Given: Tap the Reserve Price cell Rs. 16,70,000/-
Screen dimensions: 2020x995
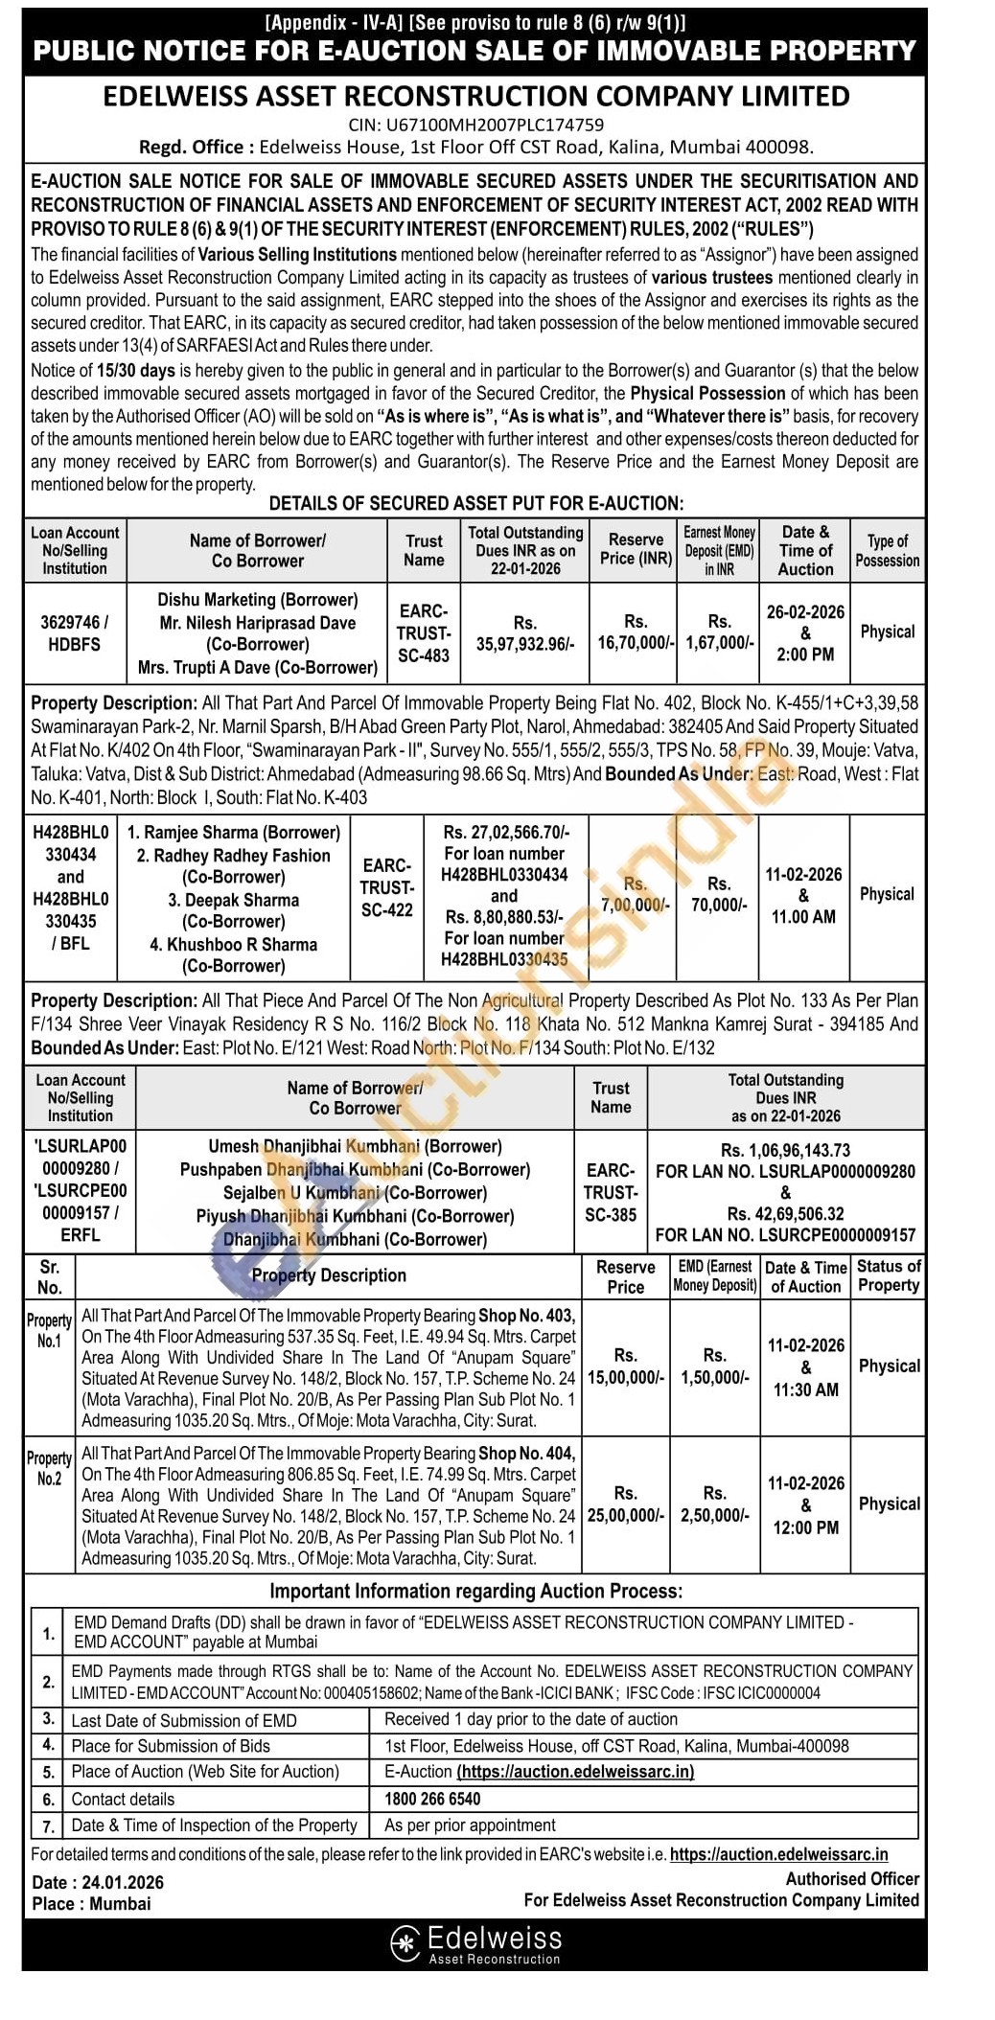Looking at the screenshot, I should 636,632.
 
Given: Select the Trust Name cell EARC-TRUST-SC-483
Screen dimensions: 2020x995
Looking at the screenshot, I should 424,633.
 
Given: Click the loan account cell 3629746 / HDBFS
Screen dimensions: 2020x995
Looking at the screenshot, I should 74,632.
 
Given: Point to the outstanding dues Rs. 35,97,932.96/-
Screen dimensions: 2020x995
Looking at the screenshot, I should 525,633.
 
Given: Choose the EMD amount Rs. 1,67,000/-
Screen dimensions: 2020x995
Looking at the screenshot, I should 719,632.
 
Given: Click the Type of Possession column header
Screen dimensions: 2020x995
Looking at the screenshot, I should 888,551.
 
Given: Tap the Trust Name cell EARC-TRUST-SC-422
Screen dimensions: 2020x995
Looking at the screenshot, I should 387,887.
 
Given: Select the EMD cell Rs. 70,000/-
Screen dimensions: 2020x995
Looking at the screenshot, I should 719,894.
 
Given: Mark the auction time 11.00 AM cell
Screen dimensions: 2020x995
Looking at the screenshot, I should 803,916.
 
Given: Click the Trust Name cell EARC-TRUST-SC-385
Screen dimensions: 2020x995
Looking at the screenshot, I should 611,1192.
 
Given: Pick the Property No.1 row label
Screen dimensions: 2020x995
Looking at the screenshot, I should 49,1330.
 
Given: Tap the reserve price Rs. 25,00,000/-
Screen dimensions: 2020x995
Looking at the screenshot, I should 625,1504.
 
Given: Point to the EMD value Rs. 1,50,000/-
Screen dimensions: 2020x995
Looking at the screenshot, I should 715,1366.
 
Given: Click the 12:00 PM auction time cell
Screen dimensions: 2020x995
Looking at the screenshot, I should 805,1527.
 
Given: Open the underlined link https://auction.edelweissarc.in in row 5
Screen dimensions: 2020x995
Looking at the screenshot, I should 575,1772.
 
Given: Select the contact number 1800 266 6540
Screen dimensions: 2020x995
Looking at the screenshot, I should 432,1799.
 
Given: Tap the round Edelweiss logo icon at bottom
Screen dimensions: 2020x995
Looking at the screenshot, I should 406,1942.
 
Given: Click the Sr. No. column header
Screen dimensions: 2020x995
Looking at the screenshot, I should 50,1277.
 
